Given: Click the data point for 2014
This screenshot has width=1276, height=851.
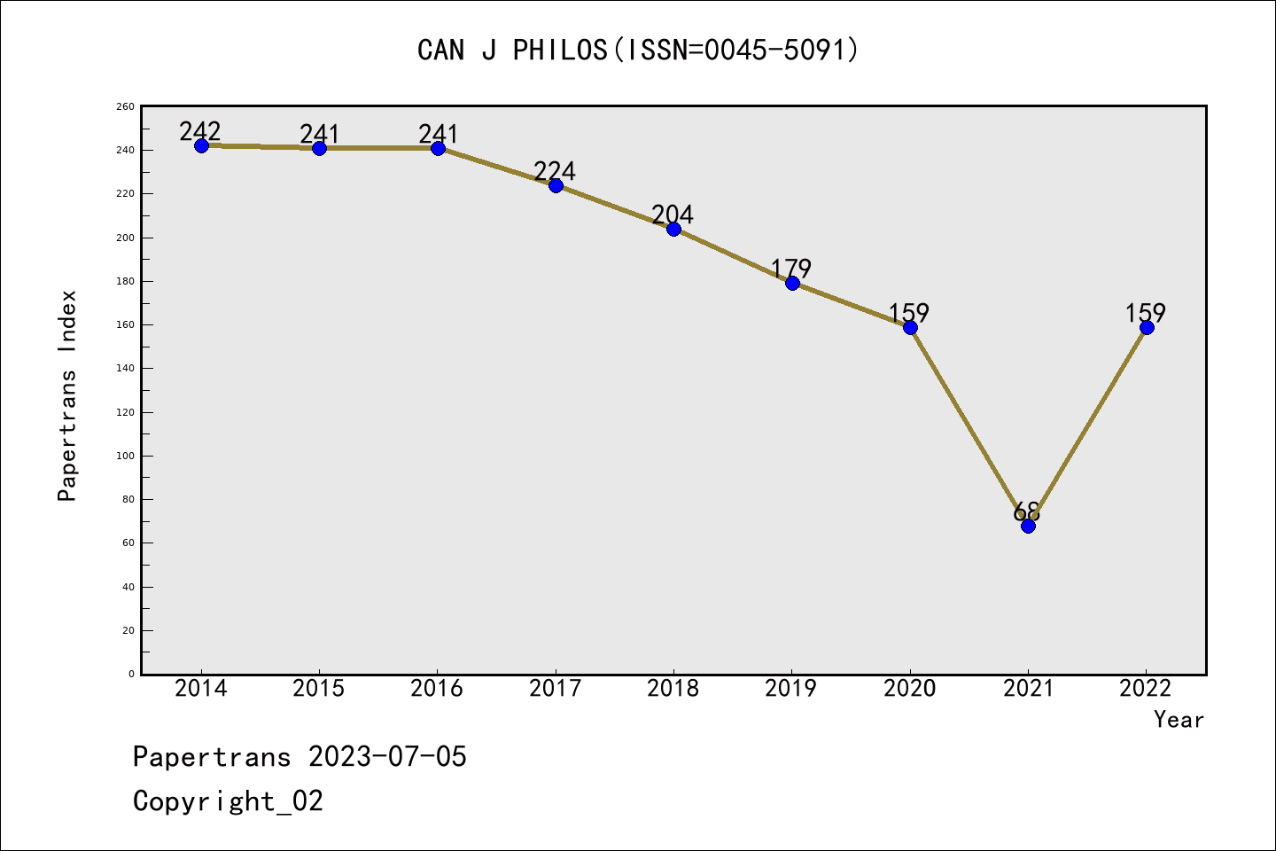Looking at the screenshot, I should point(201,145).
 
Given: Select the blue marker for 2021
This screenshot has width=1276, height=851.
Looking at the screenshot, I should point(1028,526).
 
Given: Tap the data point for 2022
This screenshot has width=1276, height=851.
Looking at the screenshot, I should point(1147,327).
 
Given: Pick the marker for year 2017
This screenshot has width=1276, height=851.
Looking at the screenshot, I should point(556,185).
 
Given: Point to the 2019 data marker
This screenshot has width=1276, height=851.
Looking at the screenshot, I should point(792,283).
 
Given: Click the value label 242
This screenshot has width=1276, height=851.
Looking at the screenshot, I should point(200,131).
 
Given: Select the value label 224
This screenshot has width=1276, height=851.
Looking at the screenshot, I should point(555,170).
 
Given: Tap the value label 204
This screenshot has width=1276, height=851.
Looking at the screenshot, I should point(673,214).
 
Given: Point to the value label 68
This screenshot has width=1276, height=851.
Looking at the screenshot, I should point(1026,511).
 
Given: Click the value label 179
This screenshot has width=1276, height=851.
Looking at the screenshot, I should point(791,268).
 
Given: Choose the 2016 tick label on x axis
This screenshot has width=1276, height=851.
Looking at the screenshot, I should point(437,689).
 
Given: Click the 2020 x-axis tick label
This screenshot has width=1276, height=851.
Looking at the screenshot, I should point(910,689).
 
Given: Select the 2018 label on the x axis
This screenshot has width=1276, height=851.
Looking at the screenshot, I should point(673,689).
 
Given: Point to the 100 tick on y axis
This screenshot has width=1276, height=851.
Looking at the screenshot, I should point(127,456).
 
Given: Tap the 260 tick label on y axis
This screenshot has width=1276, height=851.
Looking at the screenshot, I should point(126,106).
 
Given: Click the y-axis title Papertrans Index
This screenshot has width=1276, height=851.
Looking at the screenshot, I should point(68,395).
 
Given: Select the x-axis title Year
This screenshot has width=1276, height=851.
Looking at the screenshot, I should point(1179,720).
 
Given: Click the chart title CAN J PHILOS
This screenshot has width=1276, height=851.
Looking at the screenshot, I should point(638,50).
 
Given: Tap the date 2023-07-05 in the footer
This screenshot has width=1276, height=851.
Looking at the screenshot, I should point(387,757).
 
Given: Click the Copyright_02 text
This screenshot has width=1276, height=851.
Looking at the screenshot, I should point(228,801).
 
